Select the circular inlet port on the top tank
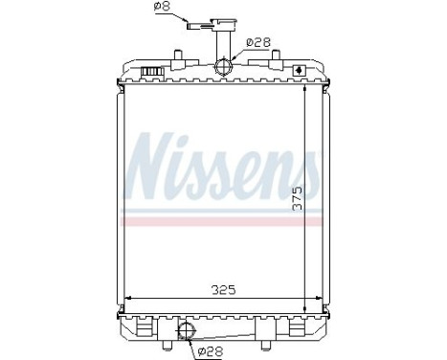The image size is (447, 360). [x=224, y=66]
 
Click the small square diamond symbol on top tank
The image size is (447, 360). [x=301, y=71]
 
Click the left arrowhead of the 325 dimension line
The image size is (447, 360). [x=127, y=296]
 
